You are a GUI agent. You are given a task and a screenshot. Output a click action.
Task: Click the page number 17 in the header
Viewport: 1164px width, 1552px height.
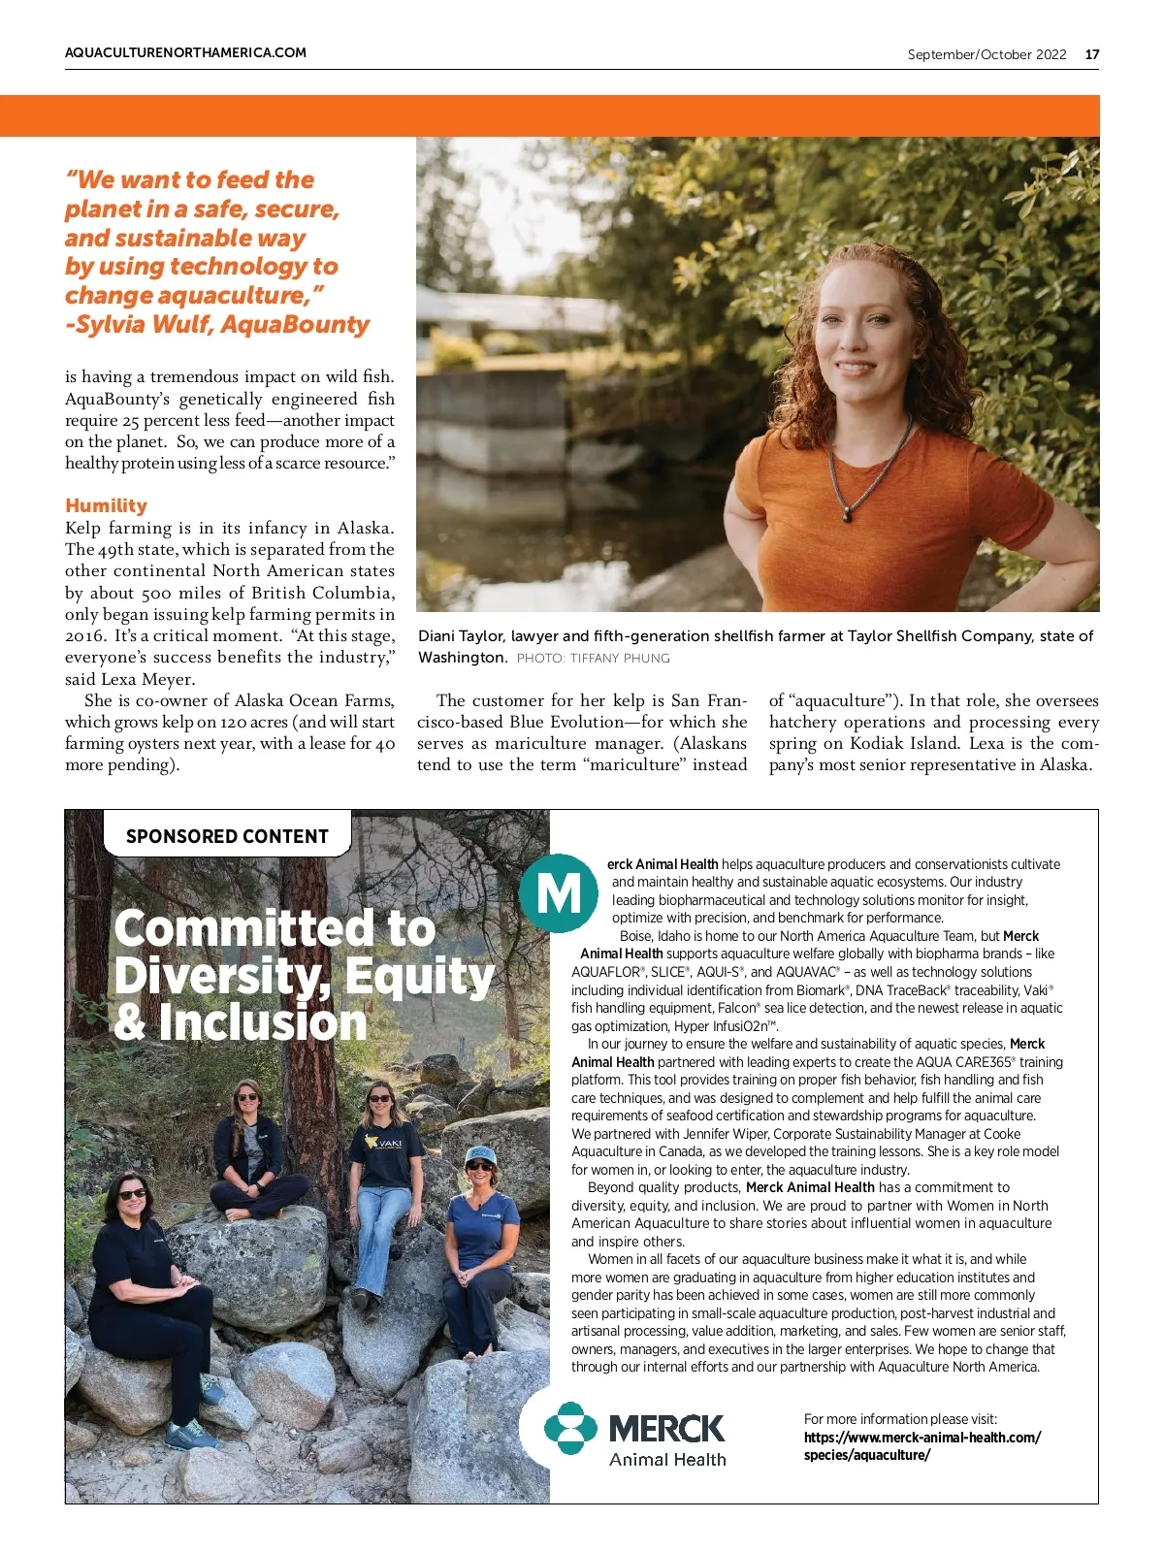(x=1092, y=54)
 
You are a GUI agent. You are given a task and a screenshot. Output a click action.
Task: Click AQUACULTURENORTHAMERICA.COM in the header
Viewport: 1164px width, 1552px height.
(x=185, y=52)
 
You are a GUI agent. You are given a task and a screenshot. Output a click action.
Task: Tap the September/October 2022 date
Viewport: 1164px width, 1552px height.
(x=986, y=54)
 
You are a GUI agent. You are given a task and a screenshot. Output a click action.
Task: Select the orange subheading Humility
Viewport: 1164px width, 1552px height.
(x=106, y=505)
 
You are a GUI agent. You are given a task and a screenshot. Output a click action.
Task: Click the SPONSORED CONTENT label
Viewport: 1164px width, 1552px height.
(x=227, y=836)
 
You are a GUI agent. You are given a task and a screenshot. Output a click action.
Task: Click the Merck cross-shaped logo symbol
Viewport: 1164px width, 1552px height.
(x=570, y=1428)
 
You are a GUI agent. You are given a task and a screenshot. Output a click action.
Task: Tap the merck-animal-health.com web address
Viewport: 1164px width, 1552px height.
(x=921, y=1438)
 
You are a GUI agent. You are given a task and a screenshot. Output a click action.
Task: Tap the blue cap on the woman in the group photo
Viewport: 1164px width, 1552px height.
(x=480, y=1154)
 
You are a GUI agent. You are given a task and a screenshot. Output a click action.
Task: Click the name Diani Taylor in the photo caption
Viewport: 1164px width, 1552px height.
(x=461, y=636)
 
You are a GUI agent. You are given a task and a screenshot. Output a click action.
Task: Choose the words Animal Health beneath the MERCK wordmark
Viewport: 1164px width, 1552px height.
(x=667, y=1460)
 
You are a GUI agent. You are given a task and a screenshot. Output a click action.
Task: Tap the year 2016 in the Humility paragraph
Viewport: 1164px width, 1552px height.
(x=84, y=636)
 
